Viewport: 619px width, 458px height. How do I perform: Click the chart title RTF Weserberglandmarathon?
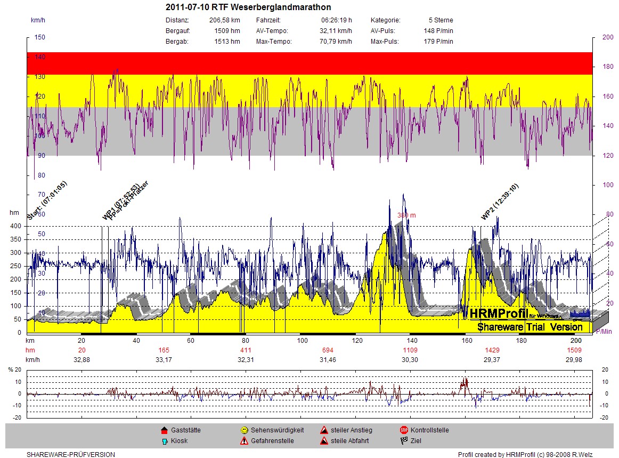point(248,7)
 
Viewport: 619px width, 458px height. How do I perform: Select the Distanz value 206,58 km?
point(225,20)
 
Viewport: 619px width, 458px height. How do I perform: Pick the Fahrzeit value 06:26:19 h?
point(336,20)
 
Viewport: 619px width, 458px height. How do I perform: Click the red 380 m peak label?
point(406,215)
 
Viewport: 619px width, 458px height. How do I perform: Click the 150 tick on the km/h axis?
point(40,37)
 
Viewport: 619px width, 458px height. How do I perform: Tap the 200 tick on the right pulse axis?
point(607,37)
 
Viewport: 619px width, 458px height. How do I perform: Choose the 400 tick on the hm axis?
point(16,226)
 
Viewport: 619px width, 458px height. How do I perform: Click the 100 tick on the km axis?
point(303,341)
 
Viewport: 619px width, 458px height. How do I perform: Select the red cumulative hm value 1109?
point(410,350)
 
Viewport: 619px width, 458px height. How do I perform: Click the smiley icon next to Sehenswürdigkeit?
point(244,430)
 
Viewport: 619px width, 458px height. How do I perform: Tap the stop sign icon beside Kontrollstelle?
point(404,430)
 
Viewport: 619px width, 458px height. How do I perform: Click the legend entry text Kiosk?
point(179,441)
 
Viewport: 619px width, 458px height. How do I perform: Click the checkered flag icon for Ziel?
point(404,441)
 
